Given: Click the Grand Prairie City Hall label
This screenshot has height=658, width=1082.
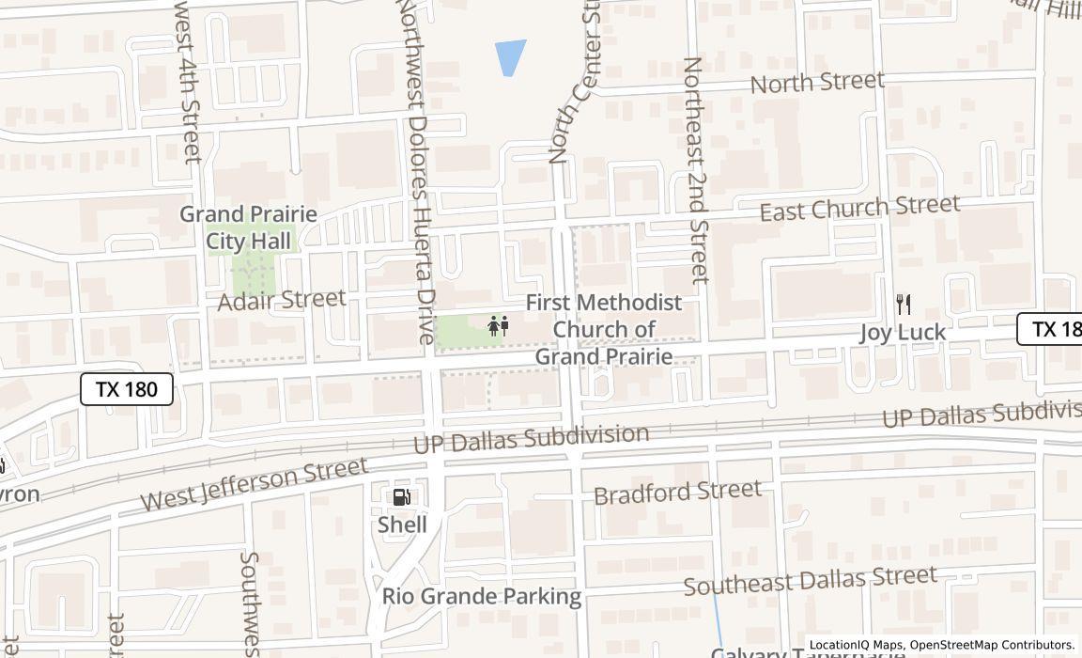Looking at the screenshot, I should coord(248,227).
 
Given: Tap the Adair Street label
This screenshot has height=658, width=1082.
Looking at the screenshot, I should coord(282,300).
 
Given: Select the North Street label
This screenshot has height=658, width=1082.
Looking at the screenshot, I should coord(817,83).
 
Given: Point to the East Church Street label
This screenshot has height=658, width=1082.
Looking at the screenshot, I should coord(859,208).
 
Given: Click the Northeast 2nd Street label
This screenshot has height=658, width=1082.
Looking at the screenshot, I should coord(695,169).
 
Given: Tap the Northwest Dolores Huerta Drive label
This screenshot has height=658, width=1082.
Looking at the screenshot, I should coord(414,169).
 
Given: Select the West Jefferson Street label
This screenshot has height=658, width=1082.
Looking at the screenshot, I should coord(255,484).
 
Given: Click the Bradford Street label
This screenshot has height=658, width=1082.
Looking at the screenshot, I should coord(677,492).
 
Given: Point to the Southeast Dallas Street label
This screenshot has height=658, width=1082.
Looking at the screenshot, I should coord(810,580).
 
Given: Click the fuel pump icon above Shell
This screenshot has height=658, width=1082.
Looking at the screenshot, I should coord(401,497).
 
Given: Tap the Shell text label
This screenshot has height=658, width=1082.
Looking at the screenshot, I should coord(402,525).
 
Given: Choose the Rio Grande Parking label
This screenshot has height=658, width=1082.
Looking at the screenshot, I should coord(482,596).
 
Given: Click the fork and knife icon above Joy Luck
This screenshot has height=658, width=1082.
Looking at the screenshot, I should coord(904,304).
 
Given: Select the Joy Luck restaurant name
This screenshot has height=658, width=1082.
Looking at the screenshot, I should coord(903,333).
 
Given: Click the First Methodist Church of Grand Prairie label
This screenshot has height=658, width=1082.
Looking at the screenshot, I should coord(604,329).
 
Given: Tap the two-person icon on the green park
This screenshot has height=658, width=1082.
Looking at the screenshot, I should coord(498,326).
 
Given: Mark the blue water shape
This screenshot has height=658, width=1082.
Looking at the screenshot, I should coord(509,56).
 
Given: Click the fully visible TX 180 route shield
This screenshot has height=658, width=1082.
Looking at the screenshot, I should coord(127,389).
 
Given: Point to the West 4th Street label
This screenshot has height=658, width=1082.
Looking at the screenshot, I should coord(187,85).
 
